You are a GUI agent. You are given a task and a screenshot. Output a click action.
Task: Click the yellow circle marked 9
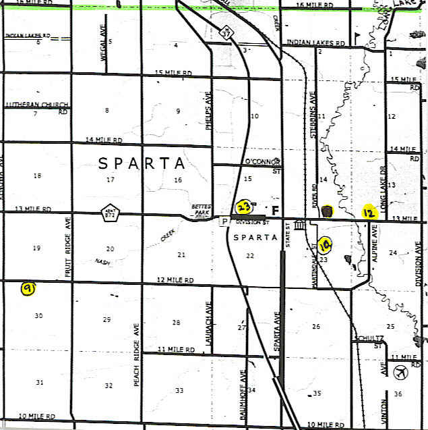point(28,289)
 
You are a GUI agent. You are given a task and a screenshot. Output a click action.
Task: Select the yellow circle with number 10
point(325,244)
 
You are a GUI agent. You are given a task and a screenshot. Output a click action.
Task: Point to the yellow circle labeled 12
point(368,213)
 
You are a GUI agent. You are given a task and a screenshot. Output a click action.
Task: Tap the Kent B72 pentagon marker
point(110,213)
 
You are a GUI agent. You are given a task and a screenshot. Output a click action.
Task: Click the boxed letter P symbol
point(225,221)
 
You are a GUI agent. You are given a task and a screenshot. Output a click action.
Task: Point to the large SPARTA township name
point(142,163)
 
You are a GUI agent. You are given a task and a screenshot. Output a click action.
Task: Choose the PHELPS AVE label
point(208,110)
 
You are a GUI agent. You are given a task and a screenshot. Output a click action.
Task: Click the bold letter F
point(274,209)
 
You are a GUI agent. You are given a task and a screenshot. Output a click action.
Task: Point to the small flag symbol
point(358,34)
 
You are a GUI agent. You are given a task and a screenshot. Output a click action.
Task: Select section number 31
point(39,383)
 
